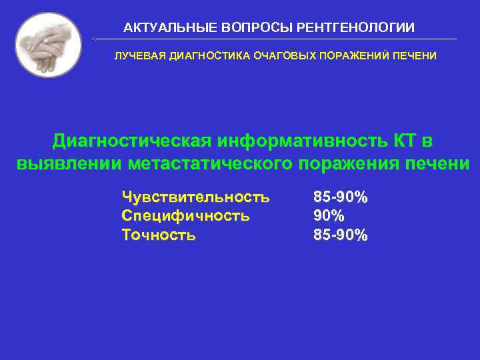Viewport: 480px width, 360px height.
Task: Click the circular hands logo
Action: [x=48, y=45]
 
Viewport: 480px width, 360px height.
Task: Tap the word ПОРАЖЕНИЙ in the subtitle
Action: [x=351, y=56]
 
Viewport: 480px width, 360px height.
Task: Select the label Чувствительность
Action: [x=195, y=197]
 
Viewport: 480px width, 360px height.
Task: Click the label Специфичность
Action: [x=185, y=215]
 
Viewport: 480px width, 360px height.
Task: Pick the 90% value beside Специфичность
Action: [x=329, y=215]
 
